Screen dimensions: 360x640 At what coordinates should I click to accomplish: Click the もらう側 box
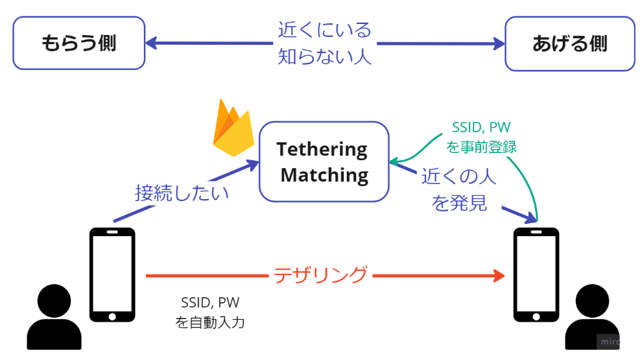(x=78, y=43)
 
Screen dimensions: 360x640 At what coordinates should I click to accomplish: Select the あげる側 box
(x=569, y=43)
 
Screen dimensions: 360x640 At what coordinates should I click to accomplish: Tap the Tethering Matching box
(x=324, y=162)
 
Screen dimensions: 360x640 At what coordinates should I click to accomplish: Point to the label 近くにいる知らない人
(x=324, y=43)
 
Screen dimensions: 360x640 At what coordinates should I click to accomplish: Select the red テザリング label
(x=320, y=275)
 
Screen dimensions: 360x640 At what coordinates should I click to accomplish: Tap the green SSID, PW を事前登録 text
(x=481, y=137)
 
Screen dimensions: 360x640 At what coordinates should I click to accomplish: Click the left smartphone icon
(x=112, y=274)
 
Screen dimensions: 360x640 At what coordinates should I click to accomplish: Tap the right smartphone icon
(x=536, y=274)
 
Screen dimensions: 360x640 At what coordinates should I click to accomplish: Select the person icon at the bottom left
(x=54, y=318)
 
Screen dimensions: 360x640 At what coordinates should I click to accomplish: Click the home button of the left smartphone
(x=112, y=316)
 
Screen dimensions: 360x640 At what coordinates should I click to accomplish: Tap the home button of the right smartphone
(x=536, y=316)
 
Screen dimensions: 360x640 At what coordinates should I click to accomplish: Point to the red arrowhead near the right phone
(x=499, y=276)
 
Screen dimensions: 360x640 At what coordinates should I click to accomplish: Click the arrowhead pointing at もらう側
(x=150, y=43)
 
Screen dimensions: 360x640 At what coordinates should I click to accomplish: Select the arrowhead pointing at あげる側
(x=498, y=43)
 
